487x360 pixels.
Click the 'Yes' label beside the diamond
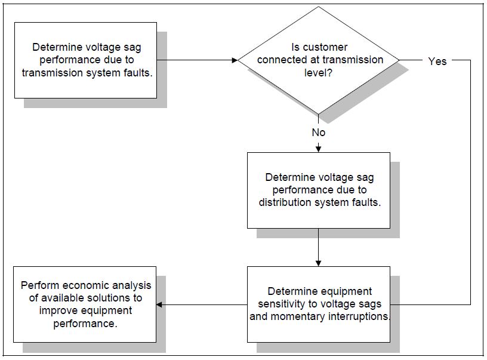[437, 61]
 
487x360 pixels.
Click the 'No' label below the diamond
[319, 132]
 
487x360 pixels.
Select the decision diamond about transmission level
[319, 60]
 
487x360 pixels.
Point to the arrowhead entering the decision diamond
[235, 60]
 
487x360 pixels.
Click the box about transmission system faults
[85, 60]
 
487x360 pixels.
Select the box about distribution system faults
[319, 190]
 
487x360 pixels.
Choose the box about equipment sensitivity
[319, 304]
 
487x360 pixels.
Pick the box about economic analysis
[85, 304]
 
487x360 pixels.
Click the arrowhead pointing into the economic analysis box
[160, 304]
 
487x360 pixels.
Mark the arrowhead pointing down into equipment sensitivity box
[319, 263]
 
